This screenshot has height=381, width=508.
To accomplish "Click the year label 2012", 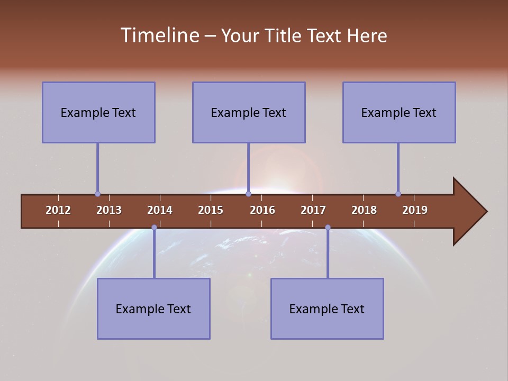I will pyautogui.click(x=58, y=210).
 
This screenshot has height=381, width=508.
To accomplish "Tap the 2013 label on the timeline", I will pyautogui.click(x=109, y=210).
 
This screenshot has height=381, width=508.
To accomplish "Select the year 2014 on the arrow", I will pyautogui.click(x=160, y=210).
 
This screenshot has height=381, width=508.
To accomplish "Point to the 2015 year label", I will pyautogui.click(x=211, y=210).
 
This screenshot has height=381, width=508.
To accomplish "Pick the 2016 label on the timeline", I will pyautogui.click(x=262, y=210).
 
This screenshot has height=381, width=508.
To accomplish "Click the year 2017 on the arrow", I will pyautogui.click(x=313, y=210).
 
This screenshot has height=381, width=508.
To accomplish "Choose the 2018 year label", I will pyautogui.click(x=364, y=210).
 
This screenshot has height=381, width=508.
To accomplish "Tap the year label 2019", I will pyautogui.click(x=415, y=210).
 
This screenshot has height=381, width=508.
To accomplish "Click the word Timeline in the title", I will pyautogui.click(x=159, y=35).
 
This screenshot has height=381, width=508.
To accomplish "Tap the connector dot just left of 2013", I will pyautogui.click(x=97, y=194).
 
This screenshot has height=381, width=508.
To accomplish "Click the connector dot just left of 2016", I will pyautogui.click(x=248, y=194).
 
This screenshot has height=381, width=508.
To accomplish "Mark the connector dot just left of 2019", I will pyautogui.click(x=398, y=194).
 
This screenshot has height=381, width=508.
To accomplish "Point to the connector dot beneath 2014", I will pyautogui.click(x=154, y=228).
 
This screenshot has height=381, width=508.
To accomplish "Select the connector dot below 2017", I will pyautogui.click(x=328, y=228).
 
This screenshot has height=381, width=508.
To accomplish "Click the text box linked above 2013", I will pyautogui.click(x=98, y=113).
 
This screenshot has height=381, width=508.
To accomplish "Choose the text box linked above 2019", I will pyautogui.click(x=399, y=113).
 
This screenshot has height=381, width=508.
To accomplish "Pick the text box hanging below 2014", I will pyautogui.click(x=153, y=309).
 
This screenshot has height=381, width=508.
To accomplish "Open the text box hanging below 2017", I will pyautogui.click(x=327, y=309).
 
